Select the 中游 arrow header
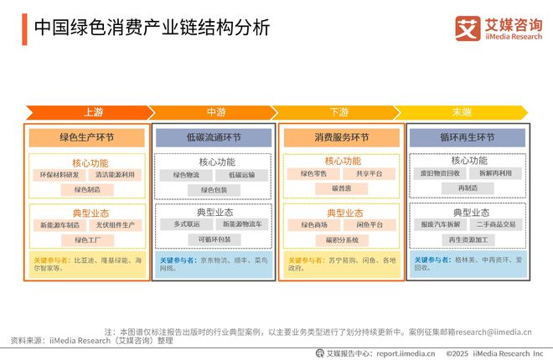tap(215, 112)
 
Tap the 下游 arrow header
tap(339, 112)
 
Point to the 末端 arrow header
tap(462, 112)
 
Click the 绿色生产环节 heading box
tap(86, 137)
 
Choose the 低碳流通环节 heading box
tap(214, 137)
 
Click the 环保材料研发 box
tap(59, 175)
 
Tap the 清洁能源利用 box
tap(114, 175)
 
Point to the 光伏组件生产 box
tap(114, 225)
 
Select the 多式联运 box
tap(186, 224)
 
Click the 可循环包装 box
tap(214, 239)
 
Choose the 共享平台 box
tap(369, 174)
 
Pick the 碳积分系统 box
tap(340, 239)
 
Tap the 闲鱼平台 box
tap(369, 224)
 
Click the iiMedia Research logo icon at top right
tap(468, 27)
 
